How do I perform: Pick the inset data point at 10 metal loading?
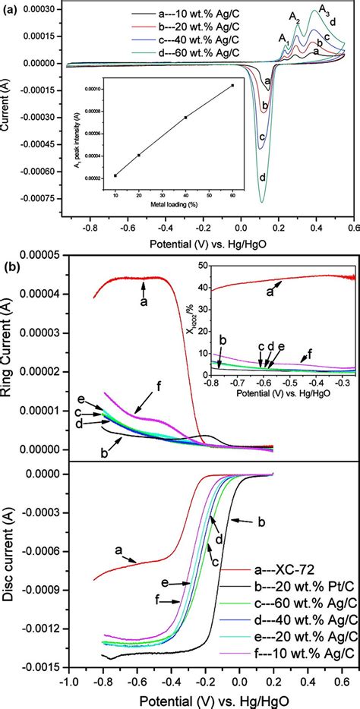[115, 175]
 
